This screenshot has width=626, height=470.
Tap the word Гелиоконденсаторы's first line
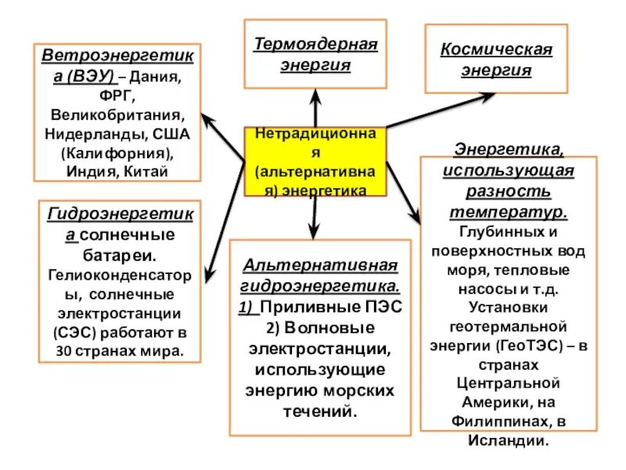[118, 274]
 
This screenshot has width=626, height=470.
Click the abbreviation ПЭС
[383, 306]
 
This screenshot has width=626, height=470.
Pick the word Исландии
[509, 439]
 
